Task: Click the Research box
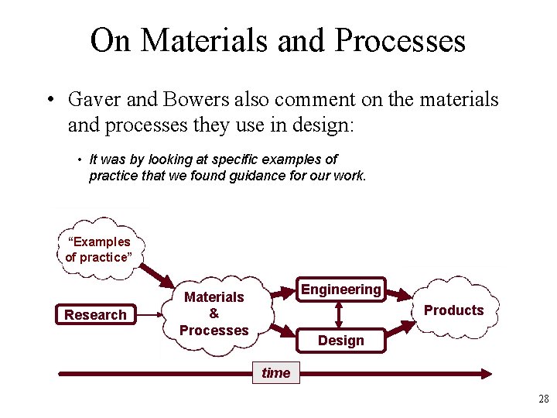(x=95, y=314)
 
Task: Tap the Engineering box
(x=341, y=290)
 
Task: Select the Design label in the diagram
(x=340, y=341)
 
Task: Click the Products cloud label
(x=453, y=310)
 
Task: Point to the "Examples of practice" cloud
(x=98, y=249)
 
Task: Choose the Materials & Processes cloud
(x=214, y=313)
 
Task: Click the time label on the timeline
(x=275, y=372)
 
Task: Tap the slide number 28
(x=543, y=399)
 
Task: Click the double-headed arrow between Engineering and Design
(x=339, y=314)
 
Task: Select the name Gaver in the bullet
(x=95, y=99)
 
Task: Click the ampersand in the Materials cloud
(x=214, y=313)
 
